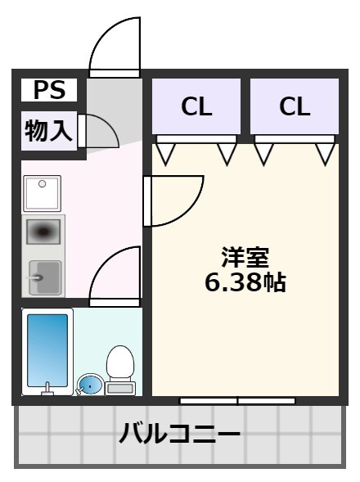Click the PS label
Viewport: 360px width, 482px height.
[x=49, y=89]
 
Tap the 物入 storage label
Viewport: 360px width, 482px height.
[x=49, y=130]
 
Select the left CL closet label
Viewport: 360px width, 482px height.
[x=196, y=106]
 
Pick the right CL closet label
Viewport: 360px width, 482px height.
[x=295, y=106]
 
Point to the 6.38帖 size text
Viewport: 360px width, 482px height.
[x=245, y=283]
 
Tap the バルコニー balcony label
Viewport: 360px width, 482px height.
[x=180, y=432]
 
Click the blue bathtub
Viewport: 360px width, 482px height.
[x=47, y=349]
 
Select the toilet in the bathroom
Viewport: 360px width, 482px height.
[x=121, y=364]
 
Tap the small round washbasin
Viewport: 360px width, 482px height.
[x=89, y=384]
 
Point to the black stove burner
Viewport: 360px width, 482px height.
[x=43, y=232]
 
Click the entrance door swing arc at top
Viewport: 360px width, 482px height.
[x=115, y=45]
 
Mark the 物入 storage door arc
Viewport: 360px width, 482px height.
[x=98, y=131]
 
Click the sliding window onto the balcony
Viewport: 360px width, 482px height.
[x=237, y=400]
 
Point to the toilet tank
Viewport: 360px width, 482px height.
[x=121, y=388]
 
